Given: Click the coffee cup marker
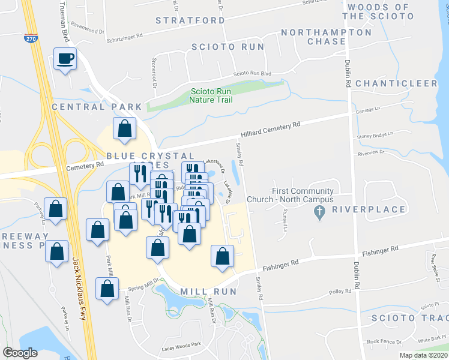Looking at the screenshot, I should coord(65,59).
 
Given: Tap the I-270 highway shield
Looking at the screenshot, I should coord(29,38).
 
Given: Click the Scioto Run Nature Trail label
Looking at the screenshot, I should coord(211,95).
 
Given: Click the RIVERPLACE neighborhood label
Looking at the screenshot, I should coord(361,211).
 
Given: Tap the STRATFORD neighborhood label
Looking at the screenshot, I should coord(190,20).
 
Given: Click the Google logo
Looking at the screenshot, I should coord(20,352).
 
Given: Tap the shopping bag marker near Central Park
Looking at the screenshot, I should coord(124,128).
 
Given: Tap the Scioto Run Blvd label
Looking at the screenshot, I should coord(252,73).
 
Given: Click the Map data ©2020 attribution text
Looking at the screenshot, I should coord(424,355).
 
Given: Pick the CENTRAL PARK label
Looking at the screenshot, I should coord(97,107).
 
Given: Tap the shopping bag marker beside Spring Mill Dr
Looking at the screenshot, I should coord(107,289).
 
